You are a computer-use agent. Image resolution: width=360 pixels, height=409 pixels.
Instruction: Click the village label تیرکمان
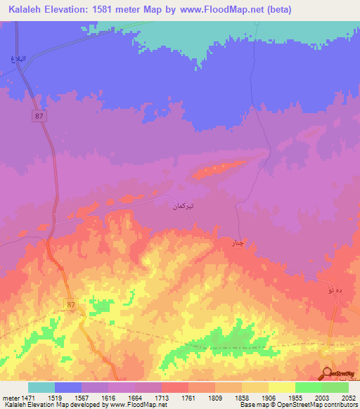click(x=176, y=207)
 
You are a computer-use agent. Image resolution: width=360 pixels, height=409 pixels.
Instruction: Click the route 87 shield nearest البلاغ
click(x=39, y=117)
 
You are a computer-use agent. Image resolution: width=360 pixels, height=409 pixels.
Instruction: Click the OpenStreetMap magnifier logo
click(x=328, y=375)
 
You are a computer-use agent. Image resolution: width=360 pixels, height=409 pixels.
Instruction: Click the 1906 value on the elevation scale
click(x=255, y=397)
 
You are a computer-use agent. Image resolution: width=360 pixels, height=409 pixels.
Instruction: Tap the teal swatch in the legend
click(x=41, y=387)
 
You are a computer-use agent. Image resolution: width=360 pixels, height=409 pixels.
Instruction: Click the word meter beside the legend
click(x=10, y=397)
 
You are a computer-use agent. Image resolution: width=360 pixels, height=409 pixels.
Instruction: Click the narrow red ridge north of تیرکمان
click(x=218, y=169)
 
